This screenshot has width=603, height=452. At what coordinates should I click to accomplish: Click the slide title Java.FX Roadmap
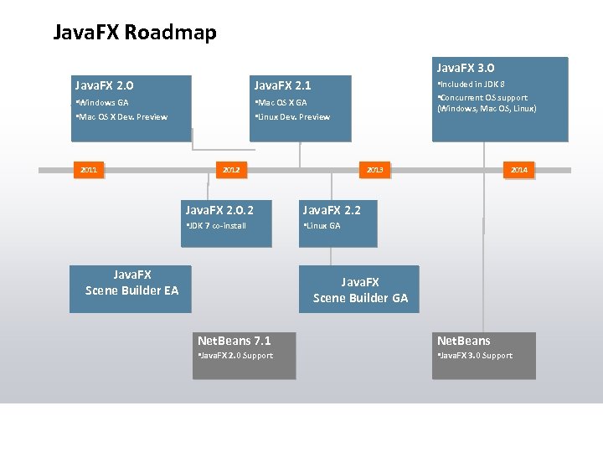pos(135,33)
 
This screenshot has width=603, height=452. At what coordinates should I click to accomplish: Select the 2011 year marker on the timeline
pos(89,170)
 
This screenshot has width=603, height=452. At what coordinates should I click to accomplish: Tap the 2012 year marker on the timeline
pos(231,170)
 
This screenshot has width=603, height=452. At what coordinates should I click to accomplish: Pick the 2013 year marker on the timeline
pos(374,170)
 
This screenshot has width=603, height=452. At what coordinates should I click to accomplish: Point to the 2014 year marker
pos(518,170)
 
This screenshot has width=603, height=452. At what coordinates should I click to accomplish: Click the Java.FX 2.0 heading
pos(105,85)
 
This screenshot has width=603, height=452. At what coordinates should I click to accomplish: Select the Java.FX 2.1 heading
pos(282,85)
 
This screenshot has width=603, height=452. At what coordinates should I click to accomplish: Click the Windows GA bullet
pos(102,102)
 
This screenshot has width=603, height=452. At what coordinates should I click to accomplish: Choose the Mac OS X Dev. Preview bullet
pos(121,116)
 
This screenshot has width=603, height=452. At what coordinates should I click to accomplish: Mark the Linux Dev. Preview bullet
pos(292,116)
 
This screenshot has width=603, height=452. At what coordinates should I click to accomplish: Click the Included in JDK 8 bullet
pos(471,84)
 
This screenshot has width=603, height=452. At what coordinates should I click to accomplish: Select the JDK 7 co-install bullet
pos(216,225)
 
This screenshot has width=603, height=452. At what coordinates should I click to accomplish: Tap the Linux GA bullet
pos(322,225)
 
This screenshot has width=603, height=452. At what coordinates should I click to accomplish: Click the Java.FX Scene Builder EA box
pos(131,283)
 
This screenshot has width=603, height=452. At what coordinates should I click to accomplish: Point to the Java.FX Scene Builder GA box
pos(360,290)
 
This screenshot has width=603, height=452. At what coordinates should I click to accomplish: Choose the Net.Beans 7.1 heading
pos(234,341)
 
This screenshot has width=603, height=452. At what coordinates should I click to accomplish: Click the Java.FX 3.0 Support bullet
pos(474,356)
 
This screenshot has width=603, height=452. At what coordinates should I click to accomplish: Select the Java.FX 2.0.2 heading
pos(219,209)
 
